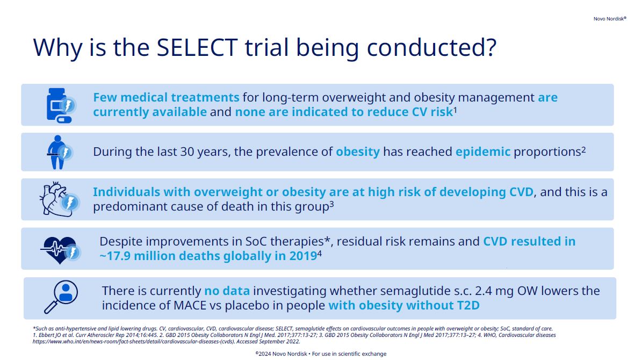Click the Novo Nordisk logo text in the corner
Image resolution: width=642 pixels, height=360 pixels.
(610, 19)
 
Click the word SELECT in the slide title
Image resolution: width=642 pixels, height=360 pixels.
(197, 47)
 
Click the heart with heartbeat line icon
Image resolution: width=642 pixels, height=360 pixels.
(61, 249)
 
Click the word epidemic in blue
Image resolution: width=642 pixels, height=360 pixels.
(483, 152)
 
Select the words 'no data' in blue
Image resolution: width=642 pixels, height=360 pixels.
(227, 291)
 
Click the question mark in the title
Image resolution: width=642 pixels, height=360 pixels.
(490, 47)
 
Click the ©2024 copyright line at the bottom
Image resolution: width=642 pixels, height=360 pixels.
(321, 354)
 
